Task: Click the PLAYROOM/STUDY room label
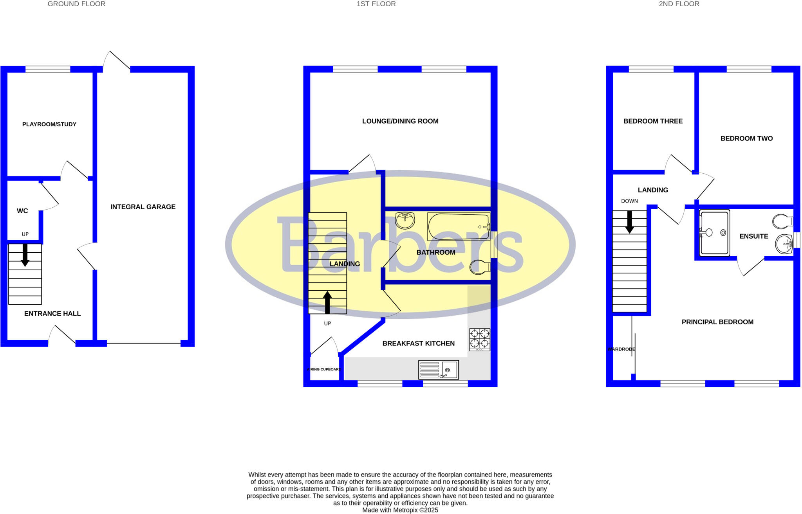tap(49, 124)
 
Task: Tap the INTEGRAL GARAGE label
tap(143, 207)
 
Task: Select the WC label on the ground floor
tap(22, 211)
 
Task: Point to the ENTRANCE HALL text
tap(52, 314)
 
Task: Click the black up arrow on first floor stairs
tap(327, 302)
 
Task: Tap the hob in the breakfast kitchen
tap(480, 339)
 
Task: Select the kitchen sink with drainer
tap(438, 370)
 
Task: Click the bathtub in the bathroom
tap(459, 226)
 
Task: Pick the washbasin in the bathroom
tap(405, 220)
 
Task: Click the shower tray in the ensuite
tap(715, 233)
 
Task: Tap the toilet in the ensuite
tap(783, 221)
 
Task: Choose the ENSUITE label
tap(753, 236)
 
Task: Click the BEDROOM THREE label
tap(653, 121)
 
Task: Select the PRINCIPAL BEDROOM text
tap(717, 322)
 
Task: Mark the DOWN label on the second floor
tap(629, 201)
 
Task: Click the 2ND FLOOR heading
tap(679, 4)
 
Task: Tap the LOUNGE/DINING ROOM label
tap(400, 121)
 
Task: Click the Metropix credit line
tap(400, 510)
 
